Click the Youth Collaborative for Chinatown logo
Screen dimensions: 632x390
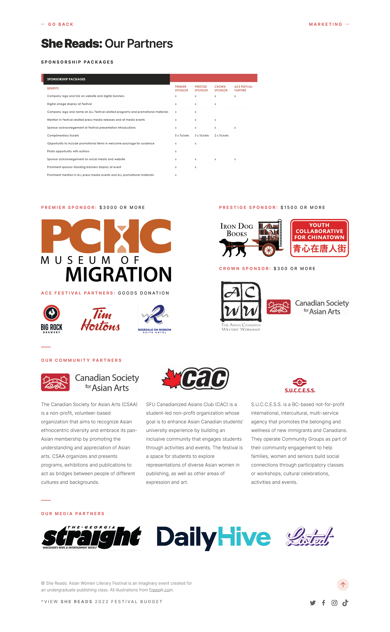point(319,238)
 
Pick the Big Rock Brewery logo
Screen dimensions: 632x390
point(52,319)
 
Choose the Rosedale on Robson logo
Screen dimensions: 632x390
point(154,319)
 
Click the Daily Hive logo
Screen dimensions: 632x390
point(214,537)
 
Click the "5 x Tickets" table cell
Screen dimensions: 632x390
point(182,136)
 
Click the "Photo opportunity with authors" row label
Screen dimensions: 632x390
point(68,151)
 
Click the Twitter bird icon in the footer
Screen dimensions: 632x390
point(313,603)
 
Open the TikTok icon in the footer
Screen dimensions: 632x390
point(345,603)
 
